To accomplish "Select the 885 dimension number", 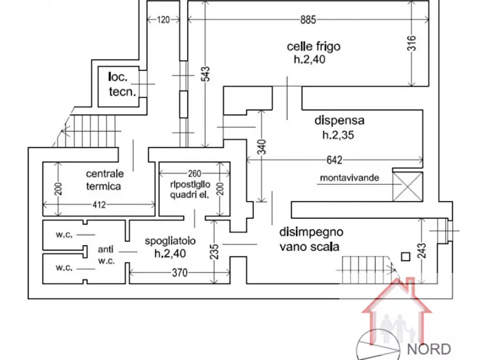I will [307, 20].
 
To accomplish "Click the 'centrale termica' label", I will [105, 180].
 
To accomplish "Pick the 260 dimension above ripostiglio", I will [194, 174].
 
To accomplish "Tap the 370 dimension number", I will [180, 273].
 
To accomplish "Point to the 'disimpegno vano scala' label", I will [312, 240].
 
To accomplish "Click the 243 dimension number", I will [421, 250].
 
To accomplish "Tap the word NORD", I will [428, 348].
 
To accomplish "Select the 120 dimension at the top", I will [163, 20].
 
